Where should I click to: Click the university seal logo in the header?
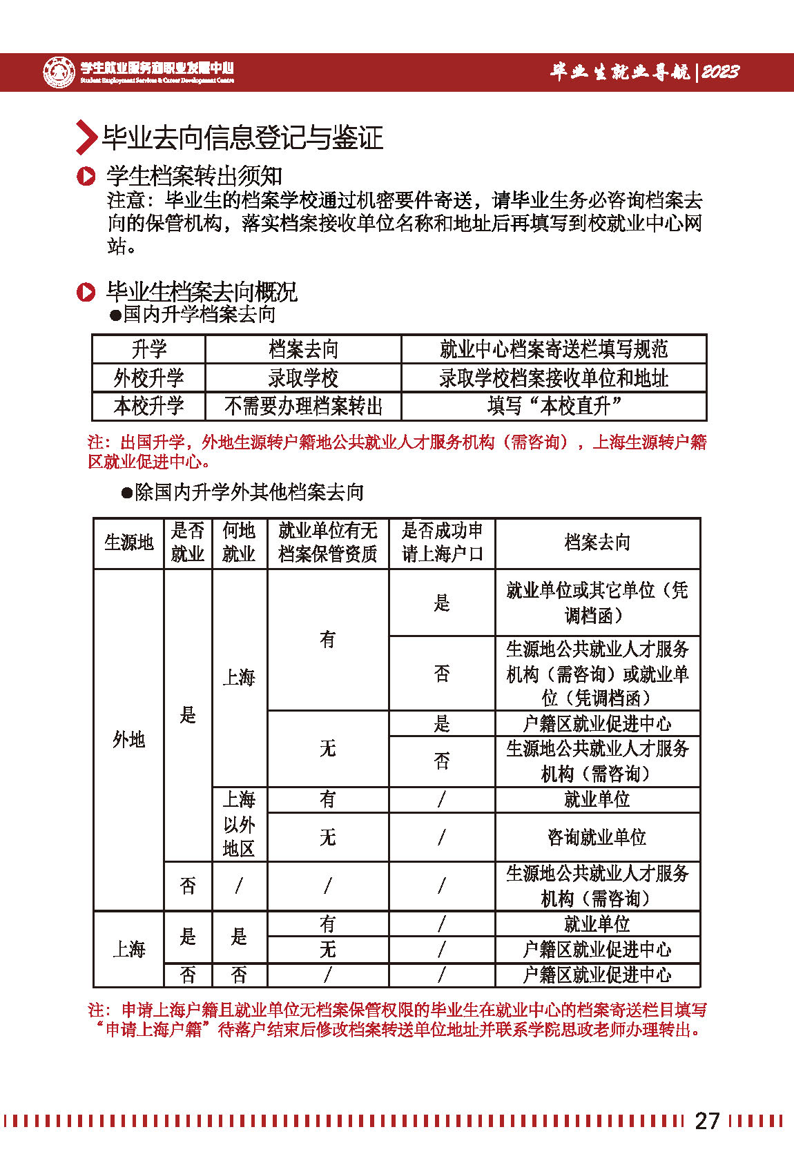tap(59, 72)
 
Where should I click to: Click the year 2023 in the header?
tap(719, 72)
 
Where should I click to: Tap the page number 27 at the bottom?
tap(707, 1120)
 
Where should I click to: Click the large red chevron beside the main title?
tap(86, 137)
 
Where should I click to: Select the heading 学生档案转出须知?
tap(194, 176)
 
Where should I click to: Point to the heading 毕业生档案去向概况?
tap(202, 292)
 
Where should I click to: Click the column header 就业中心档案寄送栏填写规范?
tap(554, 349)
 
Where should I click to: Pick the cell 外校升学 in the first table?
tap(148, 378)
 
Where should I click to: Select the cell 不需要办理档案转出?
tap(303, 407)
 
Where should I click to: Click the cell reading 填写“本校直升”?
tap(554, 407)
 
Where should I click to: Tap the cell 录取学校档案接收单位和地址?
tap(554, 378)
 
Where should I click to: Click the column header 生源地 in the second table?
tap(128, 543)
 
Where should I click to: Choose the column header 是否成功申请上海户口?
tap(442, 542)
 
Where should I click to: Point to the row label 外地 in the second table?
tap(128, 740)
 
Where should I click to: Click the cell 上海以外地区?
tap(239, 824)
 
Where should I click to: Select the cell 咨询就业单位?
tap(597, 837)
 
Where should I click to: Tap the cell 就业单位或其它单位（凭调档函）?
tap(597, 603)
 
